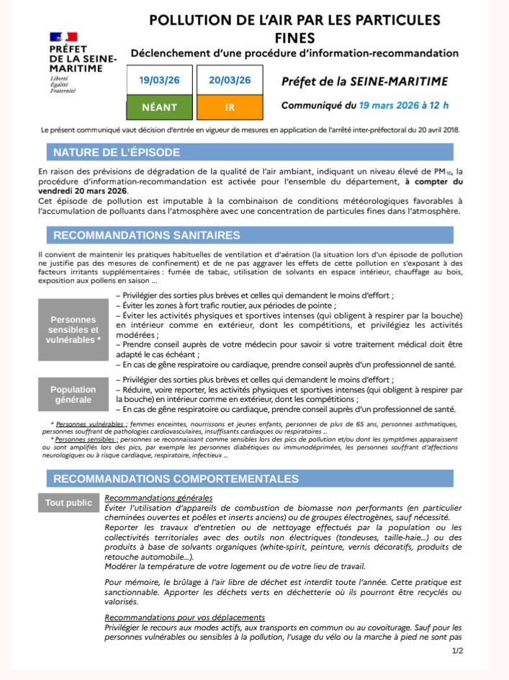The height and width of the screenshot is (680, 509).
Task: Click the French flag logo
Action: [x=63, y=37]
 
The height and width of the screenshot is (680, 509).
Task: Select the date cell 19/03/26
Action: [x=160, y=80]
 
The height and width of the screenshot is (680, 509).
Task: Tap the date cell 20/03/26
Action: [x=230, y=80]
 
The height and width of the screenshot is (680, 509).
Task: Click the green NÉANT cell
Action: [x=160, y=107]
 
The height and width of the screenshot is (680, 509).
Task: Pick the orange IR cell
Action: [x=230, y=107]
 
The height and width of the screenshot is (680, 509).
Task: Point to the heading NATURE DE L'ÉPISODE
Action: [x=117, y=153]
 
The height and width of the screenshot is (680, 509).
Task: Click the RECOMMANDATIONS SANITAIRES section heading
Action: [x=146, y=236]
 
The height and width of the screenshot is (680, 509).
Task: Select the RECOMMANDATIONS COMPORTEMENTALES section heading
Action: [x=176, y=478]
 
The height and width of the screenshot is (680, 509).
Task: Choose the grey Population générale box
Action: [x=75, y=394]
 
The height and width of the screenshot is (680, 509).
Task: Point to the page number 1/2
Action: [x=457, y=651]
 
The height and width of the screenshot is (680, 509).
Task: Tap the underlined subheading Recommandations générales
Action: [x=158, y=498]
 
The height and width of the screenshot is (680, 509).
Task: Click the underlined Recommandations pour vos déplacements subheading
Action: [x=184, y=618]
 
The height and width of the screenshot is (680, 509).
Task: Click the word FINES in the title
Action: [x=294, y=37]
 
